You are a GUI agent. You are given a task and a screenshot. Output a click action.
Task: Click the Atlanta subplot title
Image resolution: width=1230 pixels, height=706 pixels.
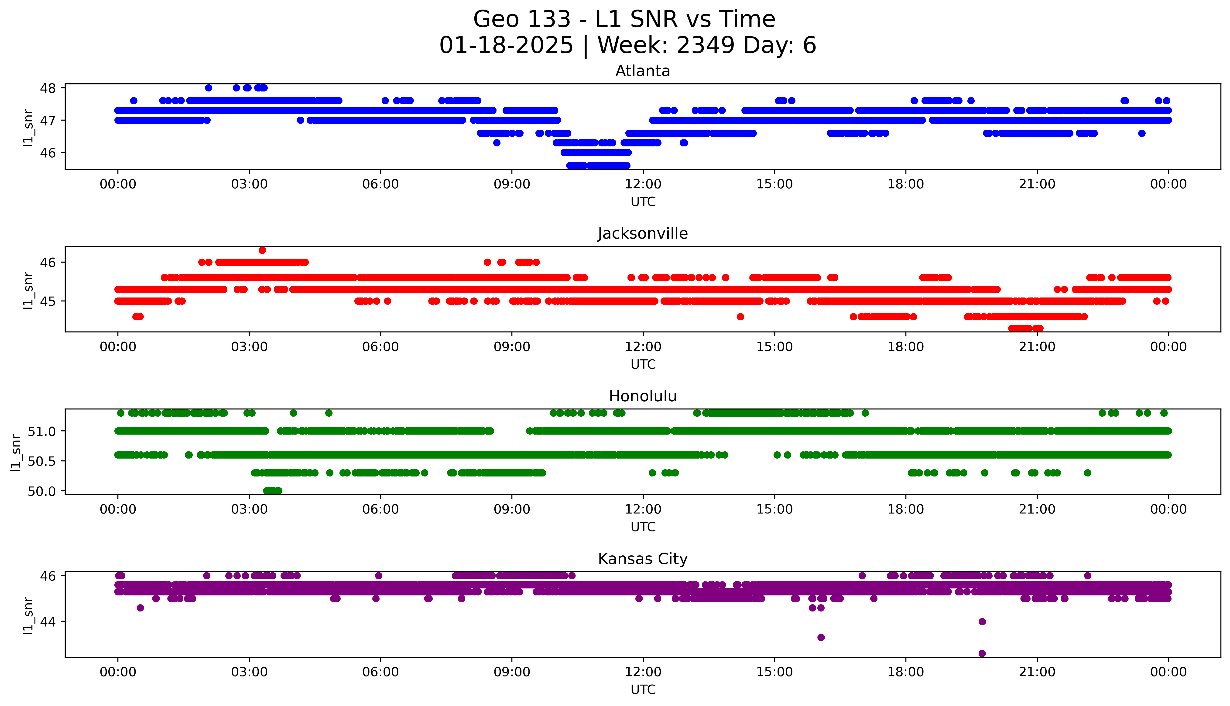[x=642, y=71]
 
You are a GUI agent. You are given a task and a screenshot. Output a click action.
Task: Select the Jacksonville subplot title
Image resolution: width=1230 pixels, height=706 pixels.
[x=642, y=234]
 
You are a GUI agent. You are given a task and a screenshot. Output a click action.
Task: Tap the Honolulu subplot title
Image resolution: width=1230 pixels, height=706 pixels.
[x=642, y=396]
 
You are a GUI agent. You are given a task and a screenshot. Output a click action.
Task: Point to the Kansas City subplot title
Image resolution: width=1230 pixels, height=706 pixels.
[x=642, y=559]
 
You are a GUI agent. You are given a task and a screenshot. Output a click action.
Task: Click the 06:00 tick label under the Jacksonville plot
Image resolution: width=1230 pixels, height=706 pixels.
[x=380, y=347]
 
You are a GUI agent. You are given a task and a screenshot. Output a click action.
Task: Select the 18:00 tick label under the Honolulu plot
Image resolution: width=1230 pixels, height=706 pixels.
[x=905, y=509]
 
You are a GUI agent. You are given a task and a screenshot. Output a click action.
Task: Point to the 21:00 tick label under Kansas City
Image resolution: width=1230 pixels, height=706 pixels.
[x=1037, y=672]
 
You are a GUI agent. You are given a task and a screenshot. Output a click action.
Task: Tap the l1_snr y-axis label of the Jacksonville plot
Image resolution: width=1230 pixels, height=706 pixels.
[x=28, y=290]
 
